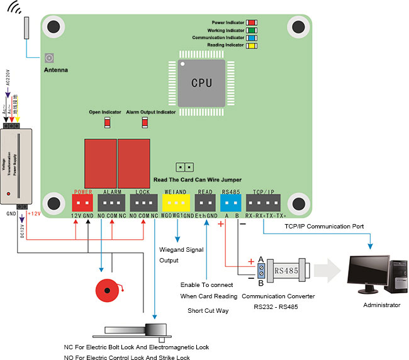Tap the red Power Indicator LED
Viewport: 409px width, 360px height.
pos(250,23)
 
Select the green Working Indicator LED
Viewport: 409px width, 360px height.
pos(250,30)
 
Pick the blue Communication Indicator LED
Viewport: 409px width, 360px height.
pos(250,38)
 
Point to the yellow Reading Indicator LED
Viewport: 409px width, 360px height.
pos(250,45)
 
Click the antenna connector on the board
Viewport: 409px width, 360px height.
pos(49,58)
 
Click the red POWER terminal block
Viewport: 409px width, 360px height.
pos(83,203)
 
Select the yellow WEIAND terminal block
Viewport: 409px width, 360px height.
pos(175,203)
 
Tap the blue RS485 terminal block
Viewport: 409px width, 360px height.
pos(231,203)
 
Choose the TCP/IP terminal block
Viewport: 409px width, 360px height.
pos(263,203)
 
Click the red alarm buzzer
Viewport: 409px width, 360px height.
pos(106,291)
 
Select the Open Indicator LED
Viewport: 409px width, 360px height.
pos(107,122)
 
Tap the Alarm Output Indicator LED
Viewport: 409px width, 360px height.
pos(145,122)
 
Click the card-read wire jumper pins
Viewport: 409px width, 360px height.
pos(184,167)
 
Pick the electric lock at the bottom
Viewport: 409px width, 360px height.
pos(133,332)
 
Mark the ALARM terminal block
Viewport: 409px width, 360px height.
pos(111,203)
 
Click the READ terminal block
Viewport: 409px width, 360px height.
pos(204,203)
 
